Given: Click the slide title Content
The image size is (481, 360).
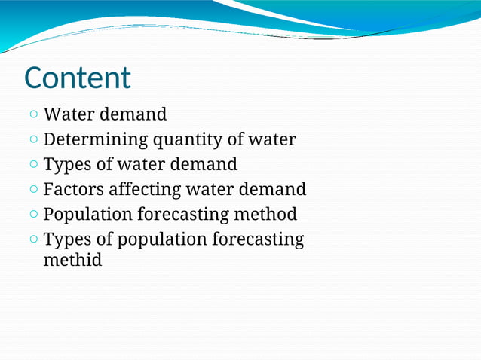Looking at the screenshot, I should tap(77, 78).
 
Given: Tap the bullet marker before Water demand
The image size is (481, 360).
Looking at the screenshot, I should tap(35, 115).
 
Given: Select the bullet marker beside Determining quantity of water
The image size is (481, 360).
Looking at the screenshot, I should tap(35, 140).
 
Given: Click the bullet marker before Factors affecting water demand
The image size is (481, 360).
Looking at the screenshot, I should tap(35, 190).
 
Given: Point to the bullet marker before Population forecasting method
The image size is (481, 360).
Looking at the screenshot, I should tap(35, 215).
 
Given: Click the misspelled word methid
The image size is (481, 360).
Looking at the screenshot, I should tap(72, 261).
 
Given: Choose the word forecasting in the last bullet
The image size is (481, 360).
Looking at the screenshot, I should tap(258, 240).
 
